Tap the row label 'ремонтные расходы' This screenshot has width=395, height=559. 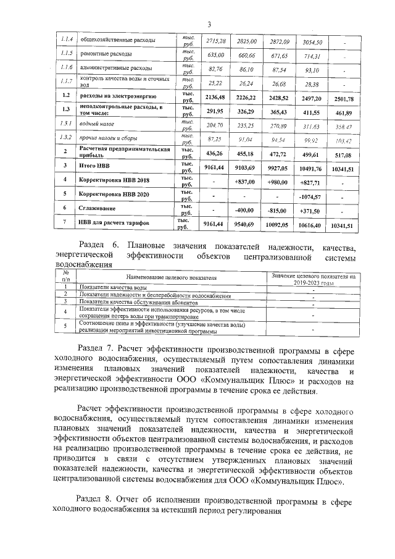pyautogui.click(x=102, y=54)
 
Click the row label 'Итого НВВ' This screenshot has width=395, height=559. pyautogui.click(x=92, y=166)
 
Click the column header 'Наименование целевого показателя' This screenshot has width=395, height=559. pyautogui.click(x=168, y=279)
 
